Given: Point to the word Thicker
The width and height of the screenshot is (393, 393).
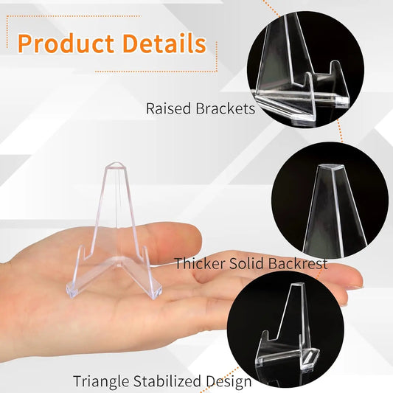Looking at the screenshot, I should [x=199, y=263].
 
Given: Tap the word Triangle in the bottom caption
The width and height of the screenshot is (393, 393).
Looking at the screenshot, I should [x=100, y=381].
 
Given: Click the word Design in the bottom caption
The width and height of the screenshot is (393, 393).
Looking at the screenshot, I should [x=229, y=381].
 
